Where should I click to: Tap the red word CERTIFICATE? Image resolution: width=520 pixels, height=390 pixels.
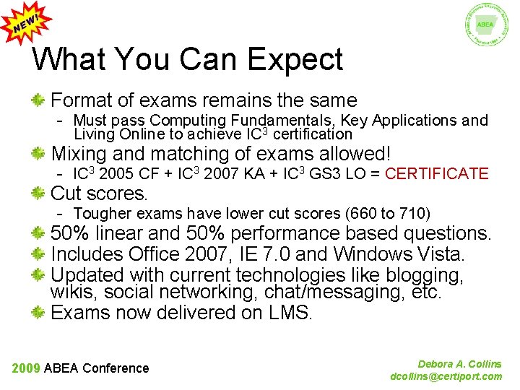coord(437,173)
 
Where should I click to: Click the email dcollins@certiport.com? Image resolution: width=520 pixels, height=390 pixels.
coord(446,376)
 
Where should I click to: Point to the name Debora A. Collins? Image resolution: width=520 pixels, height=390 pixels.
coord(459,364)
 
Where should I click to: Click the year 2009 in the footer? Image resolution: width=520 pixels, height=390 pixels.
coord(26,368)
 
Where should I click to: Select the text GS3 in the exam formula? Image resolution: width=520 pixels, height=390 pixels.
coord(324,173)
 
